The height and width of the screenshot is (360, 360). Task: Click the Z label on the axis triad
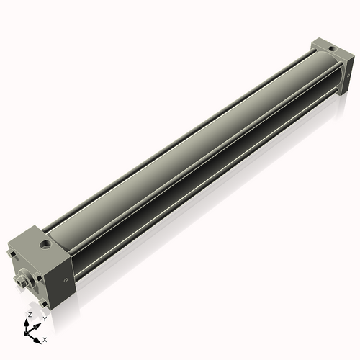pyautogui.click(x=30, y=315)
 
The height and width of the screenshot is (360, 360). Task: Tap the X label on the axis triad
pyautogui.click(x=45, y=338)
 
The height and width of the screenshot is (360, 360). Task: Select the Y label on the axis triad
pyautogui.click(x=44, y=318)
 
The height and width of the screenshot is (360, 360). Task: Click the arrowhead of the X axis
pyautogui.click(x=37, y=337)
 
